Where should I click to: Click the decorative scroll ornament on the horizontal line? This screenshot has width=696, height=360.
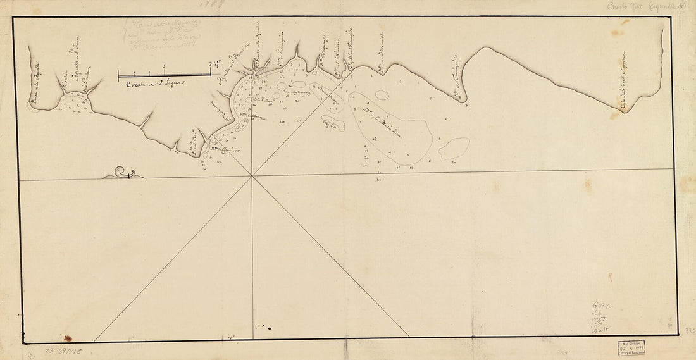[x=123, y=173]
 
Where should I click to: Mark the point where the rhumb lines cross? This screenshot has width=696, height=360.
[x=252, y=176]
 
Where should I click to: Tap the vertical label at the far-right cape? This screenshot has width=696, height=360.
[x=623, y=82]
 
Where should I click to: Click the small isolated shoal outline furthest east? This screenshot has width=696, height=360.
[x=454, y=148]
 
